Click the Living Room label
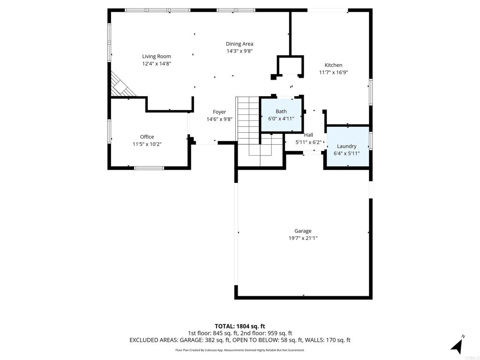coord(157,56)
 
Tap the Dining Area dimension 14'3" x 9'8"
coord(240,51)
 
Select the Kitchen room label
coord(333,65)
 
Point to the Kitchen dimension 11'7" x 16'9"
coord(333,73)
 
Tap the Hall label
coord(308,135)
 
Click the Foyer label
coord(219,112)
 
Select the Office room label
coord(147,137)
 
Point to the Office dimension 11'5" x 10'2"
coord(147,144)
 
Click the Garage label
coord(303,231)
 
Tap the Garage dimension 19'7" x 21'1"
coord(303,238)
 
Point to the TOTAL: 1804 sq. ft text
coord(240,326)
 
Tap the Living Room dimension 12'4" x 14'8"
coord(157,64)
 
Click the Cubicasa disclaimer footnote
coord(240,350)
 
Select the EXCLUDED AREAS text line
coord(240,340)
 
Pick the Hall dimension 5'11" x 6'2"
coord(308,142)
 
